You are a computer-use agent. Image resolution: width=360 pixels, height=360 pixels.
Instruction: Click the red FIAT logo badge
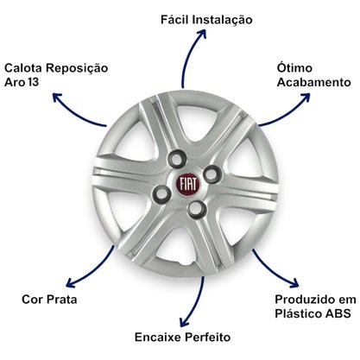(188, 184)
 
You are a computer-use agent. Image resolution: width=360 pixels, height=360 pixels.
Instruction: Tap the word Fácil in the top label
(174, 20)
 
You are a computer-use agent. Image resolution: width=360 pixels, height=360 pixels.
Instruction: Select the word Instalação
(222, 21)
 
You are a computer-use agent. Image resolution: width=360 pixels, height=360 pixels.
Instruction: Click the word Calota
(23, 68)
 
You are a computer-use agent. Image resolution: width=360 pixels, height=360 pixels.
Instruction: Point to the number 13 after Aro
(34, 82)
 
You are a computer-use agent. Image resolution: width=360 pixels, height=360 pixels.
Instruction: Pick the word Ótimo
(294, 68)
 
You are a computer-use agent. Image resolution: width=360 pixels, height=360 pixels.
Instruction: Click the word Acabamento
(314, 82)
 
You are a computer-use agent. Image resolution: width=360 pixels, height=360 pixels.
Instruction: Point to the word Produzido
(304, 300)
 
